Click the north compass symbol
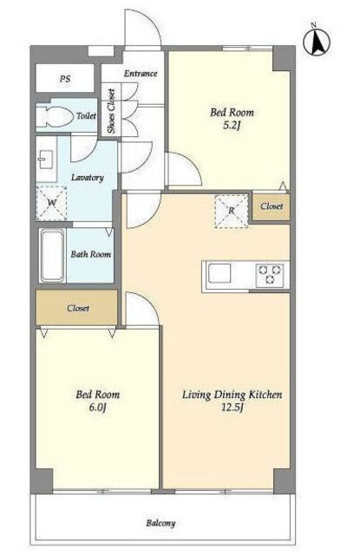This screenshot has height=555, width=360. [x=317, y=41]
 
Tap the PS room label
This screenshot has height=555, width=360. [x=65, y=78]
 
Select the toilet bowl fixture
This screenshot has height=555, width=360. [x=54, y=115]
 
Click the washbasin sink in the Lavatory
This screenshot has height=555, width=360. [x=45, y=160]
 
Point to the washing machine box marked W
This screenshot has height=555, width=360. [x=52, y=203]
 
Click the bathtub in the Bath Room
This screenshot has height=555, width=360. [x=52, y=255]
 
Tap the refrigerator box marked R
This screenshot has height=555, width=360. [x=231, y=211]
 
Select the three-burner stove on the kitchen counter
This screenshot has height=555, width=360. [x=270, y=275]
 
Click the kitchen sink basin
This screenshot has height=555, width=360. [x=219, y=274]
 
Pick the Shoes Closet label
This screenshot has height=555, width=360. [x=111, y=110]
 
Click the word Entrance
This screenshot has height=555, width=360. [x=141, y=74]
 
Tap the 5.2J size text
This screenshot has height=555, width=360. [x=232, y=126]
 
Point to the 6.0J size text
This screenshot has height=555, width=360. [x=98, y=408]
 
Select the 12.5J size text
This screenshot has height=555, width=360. [x=232, y=408]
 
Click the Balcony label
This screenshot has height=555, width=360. [x=160, y=523]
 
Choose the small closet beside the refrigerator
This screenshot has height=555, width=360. [x=272, y=206]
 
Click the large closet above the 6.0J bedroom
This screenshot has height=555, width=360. [x=76, y=308]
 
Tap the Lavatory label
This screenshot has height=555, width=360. [x=88, y=177]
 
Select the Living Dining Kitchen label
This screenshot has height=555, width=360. [x=232, y=395]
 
